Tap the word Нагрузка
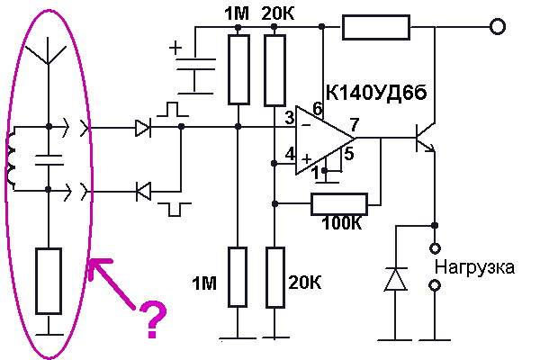point(474,267)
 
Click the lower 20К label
point(302,284)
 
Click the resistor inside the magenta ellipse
point(48,281)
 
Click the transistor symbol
point(423,141)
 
